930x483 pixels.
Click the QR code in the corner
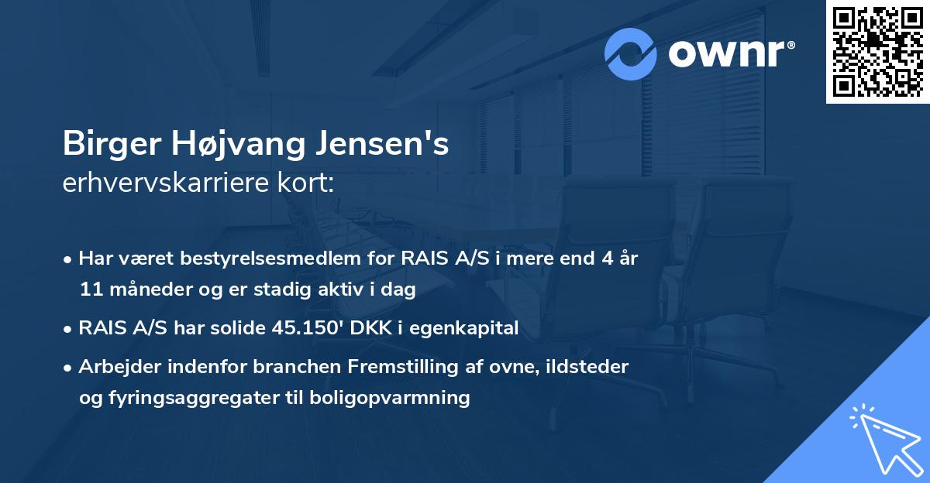877,51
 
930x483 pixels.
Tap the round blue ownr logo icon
631,53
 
